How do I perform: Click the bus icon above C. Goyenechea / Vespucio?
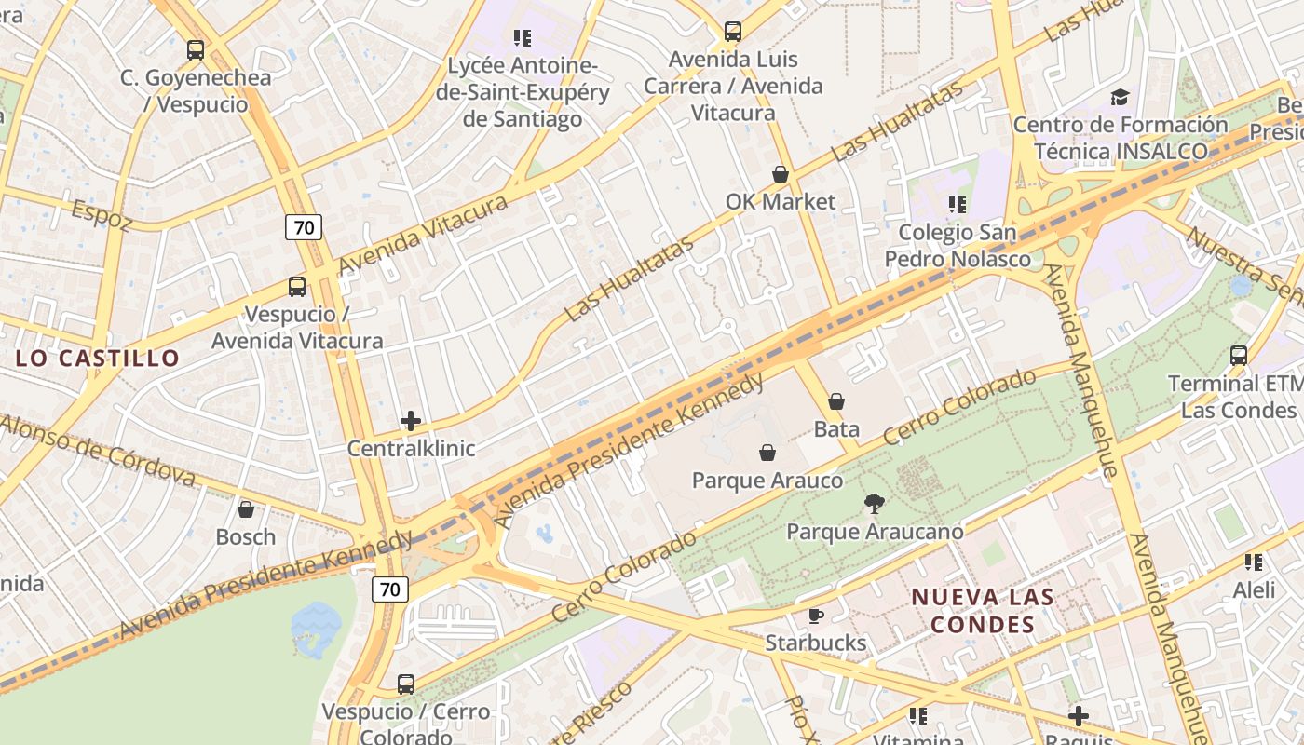196,50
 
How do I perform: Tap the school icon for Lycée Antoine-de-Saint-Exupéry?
523,38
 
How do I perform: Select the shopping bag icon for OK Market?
781,174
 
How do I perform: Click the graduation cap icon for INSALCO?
1120,97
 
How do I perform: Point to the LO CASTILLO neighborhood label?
98,358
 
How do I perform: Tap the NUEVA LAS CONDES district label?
982,610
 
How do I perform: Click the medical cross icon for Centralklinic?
411,421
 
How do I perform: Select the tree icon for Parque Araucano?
874,504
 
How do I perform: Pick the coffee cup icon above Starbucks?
815,616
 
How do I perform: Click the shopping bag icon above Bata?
836,401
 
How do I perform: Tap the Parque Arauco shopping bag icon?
767,453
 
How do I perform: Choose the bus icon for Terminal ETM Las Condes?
1239,355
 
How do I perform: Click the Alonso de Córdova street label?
98,452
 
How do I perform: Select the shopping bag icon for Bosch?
246,509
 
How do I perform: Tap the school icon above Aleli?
1254,562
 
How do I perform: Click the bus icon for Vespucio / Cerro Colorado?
406,684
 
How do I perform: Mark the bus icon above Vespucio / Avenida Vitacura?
297,287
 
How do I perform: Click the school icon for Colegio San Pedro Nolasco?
957,204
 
